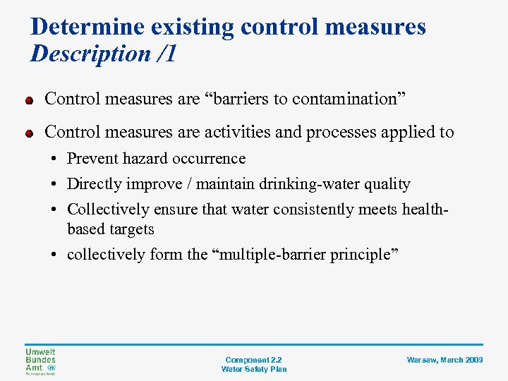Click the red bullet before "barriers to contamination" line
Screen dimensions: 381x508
point(30,100)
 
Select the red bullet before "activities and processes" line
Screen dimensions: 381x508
point(30,133)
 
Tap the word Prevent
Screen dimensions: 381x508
point(93,159)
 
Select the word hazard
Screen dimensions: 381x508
point(145,159)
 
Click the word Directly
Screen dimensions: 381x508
point(94,184)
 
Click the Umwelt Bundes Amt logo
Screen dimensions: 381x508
point(40,361)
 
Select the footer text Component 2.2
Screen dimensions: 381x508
point(254,360)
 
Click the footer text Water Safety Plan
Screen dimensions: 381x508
point(254,369)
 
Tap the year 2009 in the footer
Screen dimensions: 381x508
point(473,360)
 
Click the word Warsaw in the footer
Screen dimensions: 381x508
point(421,360)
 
